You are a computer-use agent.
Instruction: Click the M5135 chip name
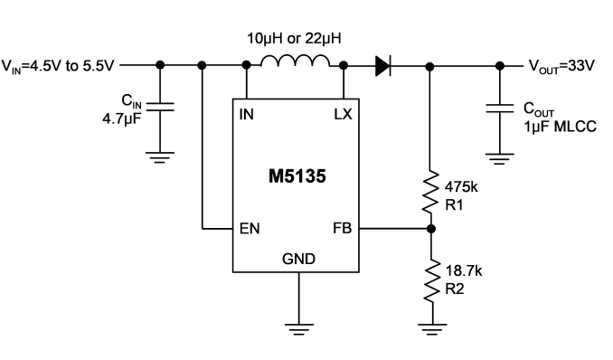(x=297, y=176)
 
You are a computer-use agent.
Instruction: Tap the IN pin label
(x=246, y=114)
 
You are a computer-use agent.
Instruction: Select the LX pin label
(x=343, y=114)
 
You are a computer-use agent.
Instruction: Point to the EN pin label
(x=250, y=229)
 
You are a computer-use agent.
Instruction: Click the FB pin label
(x=342, y=228)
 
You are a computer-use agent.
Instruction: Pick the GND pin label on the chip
(x=298, y=259)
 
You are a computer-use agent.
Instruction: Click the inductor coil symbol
(x=295, y=61)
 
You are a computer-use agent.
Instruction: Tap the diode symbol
(x=383, y=66)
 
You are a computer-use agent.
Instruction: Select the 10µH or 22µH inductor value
(x=294, y=38)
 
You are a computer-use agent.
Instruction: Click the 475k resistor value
(x=461, y=187)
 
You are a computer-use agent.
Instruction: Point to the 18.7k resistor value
(x=464, y=270)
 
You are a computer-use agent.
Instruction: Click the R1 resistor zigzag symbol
(x=430, y=192)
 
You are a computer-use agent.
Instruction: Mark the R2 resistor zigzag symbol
(x=432, y=280)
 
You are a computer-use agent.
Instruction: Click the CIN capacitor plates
(x=160, y=107)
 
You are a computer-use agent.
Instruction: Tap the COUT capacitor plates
(x=500, y=109)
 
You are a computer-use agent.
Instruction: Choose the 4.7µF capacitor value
(x=121, y=118)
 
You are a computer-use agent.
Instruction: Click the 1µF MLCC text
(x=561, y=127)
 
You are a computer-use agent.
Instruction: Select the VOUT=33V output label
(x=561, y=66)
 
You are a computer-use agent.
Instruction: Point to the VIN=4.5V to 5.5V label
(x=58, y=66)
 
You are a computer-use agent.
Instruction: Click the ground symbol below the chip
(x=299, y=329)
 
